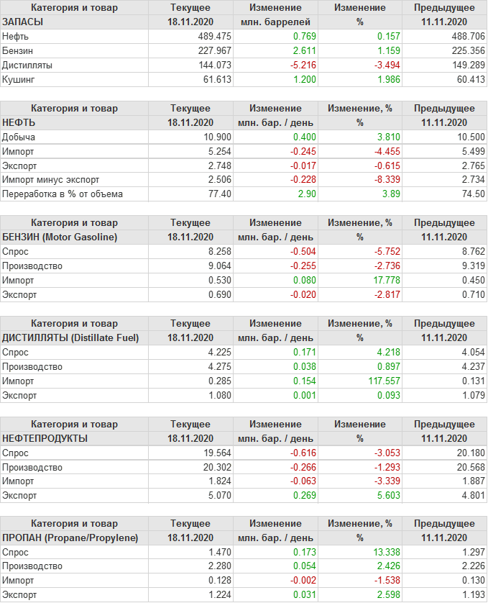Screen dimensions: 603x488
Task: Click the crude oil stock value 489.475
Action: click(214, 36)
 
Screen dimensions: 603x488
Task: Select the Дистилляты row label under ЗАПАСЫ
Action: click(27, 65)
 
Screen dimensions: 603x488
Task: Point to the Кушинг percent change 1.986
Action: click(378, 79)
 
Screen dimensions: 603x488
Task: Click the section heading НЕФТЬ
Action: click(20, 122)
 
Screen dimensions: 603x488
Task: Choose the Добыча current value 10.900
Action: click(217, 137)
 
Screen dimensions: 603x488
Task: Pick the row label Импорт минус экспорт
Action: click(50, 180)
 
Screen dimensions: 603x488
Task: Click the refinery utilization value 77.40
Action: click(219, 194)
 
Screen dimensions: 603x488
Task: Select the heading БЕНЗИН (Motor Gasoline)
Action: click(60, 237)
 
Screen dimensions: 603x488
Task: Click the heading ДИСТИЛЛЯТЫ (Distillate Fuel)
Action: click(70, 337)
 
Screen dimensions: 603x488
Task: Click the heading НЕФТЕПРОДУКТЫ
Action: click(45, 438)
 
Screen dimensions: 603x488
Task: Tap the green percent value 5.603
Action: click(378, 495)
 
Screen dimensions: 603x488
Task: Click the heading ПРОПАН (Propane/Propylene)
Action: click(70, 538)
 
